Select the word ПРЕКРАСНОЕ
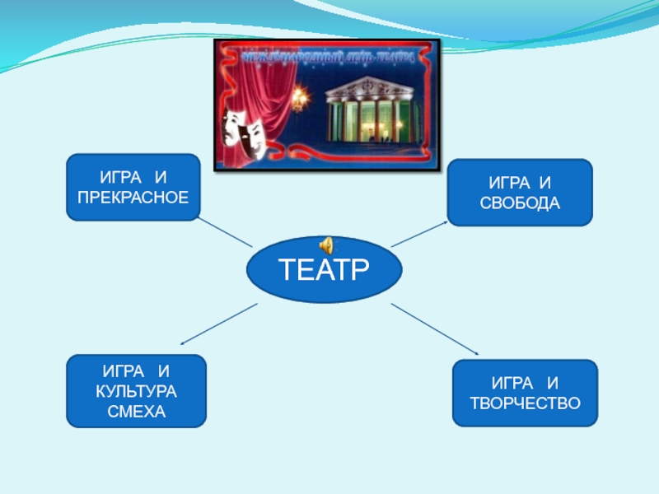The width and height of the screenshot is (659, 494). pyautogui.click(x=133, y=198)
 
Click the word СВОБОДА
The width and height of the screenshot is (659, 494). pyautogui.click(x=519, y=202)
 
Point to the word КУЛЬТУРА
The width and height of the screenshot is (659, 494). pyautogui.click(x=136, y=391)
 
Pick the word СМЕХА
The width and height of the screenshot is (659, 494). pyautogui.click(x=136, y=409)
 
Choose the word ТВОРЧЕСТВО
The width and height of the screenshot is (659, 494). pyautogui.click(x=525, y=403)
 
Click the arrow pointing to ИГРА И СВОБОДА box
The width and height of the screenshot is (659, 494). pyautogui.click(x=420, y=233)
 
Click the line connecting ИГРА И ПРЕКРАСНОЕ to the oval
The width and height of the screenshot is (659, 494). pyautogui.click(x=224, y=232)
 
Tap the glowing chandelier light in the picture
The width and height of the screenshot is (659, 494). pyautogui.click(x=300, y=97)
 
